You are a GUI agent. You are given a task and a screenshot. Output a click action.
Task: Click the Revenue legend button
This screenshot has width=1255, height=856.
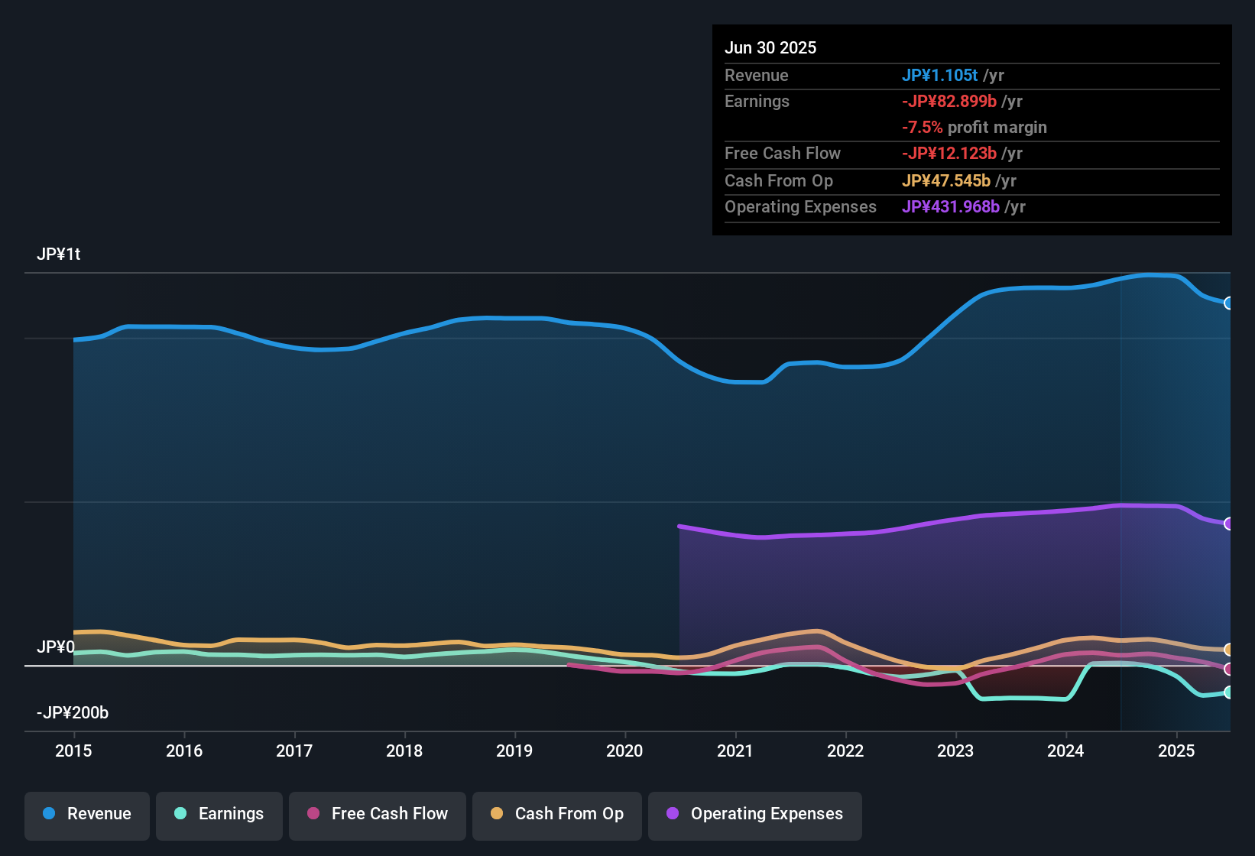pos(87,814)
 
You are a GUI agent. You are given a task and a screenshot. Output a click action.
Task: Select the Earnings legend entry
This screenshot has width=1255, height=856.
pos(219,814)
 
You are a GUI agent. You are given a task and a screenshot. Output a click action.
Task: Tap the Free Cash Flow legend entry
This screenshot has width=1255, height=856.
pos(378,814)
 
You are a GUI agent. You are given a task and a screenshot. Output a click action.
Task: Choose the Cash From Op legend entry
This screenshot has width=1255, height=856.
pos(557,814)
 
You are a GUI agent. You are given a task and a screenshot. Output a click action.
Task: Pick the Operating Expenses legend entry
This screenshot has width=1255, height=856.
pos(755,814)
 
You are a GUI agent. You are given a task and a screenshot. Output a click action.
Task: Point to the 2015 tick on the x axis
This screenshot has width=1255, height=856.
pos(73,751)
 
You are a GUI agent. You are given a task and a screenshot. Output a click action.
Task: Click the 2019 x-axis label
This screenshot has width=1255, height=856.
pos(514,751)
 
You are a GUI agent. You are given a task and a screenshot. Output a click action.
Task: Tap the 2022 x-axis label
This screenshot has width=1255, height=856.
pos(845,751)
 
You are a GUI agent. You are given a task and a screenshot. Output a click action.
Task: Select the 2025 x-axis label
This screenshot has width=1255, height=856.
pos(1176,751)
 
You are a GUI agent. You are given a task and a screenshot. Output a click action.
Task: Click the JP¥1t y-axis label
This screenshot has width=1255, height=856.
pos(59,255)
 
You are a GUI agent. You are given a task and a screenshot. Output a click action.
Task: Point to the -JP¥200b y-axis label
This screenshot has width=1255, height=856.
pos(73,713)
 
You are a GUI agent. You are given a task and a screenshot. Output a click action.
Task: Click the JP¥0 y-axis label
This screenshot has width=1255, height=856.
pos(56,647)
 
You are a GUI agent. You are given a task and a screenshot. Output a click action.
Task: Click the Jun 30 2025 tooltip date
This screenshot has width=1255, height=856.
pos(770,48)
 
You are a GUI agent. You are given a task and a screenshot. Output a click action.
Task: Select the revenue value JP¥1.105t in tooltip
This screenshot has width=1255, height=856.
pos(940,76)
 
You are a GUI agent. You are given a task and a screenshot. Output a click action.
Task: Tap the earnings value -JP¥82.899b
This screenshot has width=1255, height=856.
pos(949,102)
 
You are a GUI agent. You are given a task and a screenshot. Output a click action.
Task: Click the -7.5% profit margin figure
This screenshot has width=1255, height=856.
pos(923,128)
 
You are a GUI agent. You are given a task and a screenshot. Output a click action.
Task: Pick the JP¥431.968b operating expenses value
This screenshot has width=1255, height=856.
pos(951,207)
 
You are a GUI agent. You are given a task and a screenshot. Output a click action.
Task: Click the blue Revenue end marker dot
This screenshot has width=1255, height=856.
pos(1228,303)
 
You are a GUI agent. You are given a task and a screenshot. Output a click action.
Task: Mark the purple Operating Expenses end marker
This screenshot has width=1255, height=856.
pos(1228,524)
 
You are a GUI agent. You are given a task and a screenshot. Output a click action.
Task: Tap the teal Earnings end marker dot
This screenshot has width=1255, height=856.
pos(1228,692)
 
